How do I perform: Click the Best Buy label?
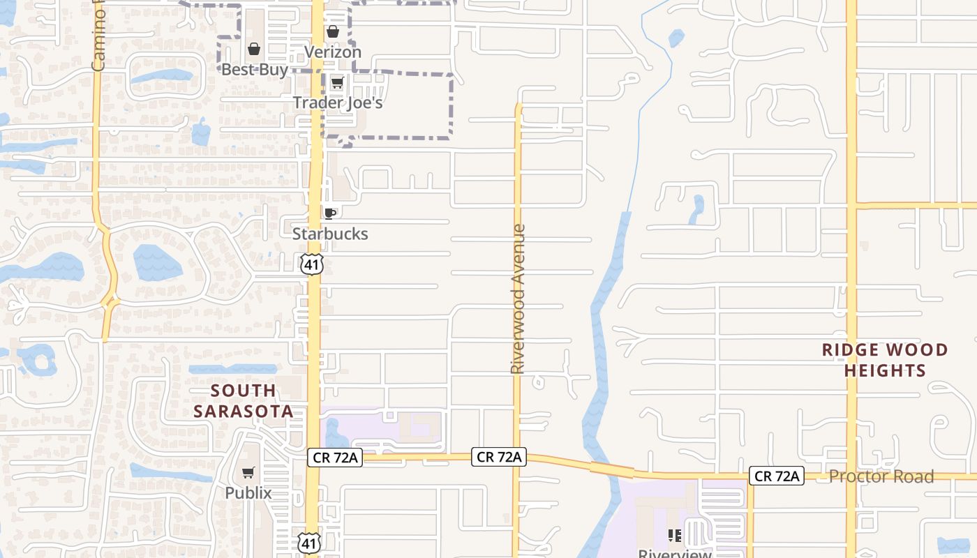pyautogui.click(x=254, y=70)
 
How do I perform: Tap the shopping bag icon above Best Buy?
pyautogui.click(x=254, y=50)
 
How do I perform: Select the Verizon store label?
pyautogui.click(x=333, y=52)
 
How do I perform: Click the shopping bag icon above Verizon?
pyautogui.click(x=333, y=31)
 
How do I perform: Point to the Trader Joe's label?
pyautogui.click(x=338, y=103)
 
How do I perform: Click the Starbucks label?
pyautogui.click(x=330, y=234)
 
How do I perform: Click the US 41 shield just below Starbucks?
pyautogui.click(x=313, y=264)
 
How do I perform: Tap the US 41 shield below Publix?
pyautogui.click(x=309, y=543)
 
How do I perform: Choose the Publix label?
pyautogui.click(x=248, y=492)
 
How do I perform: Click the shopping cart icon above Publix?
pyautogui.click(x=248, y=473)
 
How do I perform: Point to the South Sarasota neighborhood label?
pyautogui.click(x=244, y=401)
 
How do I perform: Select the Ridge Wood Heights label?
pyautogui.click(x=885, y=360)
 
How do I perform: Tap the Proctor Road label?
pyautogui.click(x=881, y=477)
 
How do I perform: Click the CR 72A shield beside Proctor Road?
pyautogui.click(x=777, y=476)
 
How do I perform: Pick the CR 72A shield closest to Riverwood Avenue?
pyautogui.click(x=499, y=457)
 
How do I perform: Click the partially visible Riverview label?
pyautogui.click(x=675, y=553)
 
